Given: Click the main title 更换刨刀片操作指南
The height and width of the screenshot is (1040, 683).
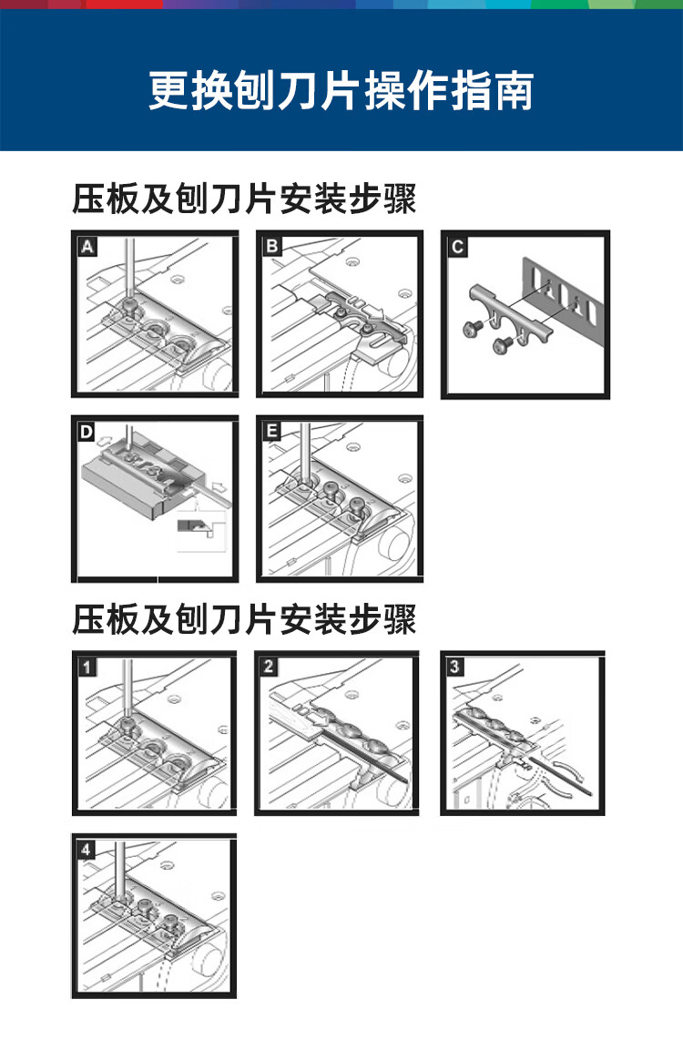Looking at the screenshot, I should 341,91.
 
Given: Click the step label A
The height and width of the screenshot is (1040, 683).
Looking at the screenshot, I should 87,246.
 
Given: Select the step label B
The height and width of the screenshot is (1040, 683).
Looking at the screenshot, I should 272,246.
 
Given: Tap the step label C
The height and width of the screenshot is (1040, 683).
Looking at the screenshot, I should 457,246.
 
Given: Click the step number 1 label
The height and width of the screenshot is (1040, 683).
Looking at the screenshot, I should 87,667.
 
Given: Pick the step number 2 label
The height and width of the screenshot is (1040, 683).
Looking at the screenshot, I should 270,667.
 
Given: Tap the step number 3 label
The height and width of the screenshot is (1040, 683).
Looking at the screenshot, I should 455,667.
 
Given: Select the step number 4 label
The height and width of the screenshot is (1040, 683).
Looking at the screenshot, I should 87,850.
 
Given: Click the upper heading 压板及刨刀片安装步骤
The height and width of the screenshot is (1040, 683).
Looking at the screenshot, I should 244,199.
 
